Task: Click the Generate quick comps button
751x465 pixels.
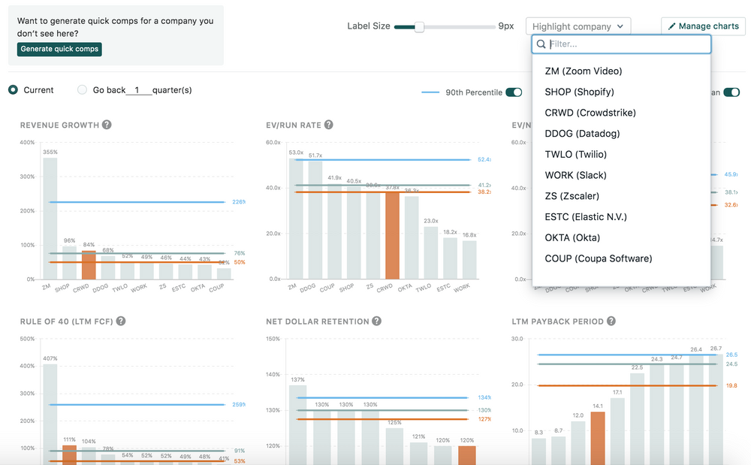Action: point(59,49)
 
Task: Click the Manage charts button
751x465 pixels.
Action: point(703,26)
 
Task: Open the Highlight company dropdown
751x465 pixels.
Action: point(578,26)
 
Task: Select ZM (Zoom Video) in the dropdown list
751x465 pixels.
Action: point(584,71)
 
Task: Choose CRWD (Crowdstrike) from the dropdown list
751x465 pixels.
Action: point(590,113)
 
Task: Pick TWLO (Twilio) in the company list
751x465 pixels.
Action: point(575,155)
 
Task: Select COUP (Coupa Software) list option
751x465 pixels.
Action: point(599,258)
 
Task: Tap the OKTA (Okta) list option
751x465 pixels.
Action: point(572,238)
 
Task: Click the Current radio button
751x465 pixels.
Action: point(14,90)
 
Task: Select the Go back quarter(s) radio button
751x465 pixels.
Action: point(83,90)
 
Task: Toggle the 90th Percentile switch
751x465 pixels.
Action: point(514,92)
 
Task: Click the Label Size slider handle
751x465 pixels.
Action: point(419,27)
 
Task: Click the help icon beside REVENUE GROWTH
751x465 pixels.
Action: point(107,125)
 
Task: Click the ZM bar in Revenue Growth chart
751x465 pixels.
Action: point(50,218)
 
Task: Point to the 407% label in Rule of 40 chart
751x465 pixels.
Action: point(50,358)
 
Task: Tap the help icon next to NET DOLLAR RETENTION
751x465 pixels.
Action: point(377,322)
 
